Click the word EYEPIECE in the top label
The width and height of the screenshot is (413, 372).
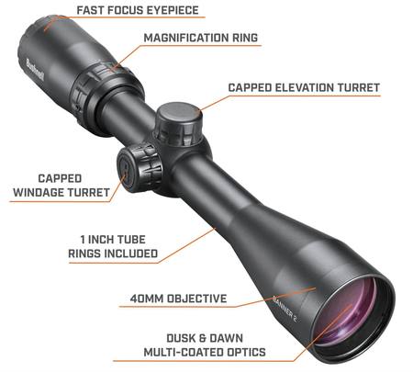pyautogui.click(x=173, y=10)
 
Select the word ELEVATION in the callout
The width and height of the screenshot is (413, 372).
pyautogui.click(x=305, y=87)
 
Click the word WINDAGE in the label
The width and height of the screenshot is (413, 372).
pyautogui.click(x=39, y=193)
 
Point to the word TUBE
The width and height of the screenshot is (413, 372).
pyautogui.click(x=128, y=240)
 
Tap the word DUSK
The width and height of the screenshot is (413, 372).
pyautogui.click(x=181, y=338)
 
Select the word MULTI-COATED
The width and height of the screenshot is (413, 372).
pyautogui.click(x=184, y=352)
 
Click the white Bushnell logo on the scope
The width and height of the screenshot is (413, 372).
pyautogui.click(x=35, y=70)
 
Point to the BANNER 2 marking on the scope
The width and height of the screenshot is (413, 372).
pyautogui.click(x=285, y=309)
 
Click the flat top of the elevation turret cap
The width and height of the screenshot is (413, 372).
pyautogui.click(x=179, y=113)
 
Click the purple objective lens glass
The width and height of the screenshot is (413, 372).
pyautogui.click(x=347, y=312)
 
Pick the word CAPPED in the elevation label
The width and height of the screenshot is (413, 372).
pyautogui.click(x=250, y=87)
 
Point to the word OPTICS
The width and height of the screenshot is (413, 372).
pyautogui.click(x=246, y=352)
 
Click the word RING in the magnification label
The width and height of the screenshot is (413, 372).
pyautogui.click(x=245, y=38)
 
